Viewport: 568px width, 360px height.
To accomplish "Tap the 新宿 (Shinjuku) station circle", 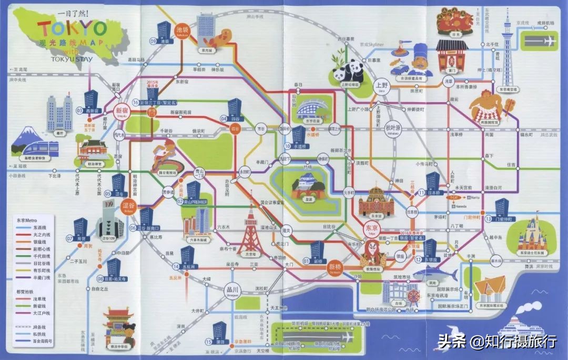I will (121, 111).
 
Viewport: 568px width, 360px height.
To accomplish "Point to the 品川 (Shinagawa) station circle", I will (231, 290).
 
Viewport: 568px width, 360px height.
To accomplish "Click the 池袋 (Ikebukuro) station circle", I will (182, 29).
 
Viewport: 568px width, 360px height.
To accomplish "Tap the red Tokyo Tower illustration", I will (250, 235).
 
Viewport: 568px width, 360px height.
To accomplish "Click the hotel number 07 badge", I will (69, 238).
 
